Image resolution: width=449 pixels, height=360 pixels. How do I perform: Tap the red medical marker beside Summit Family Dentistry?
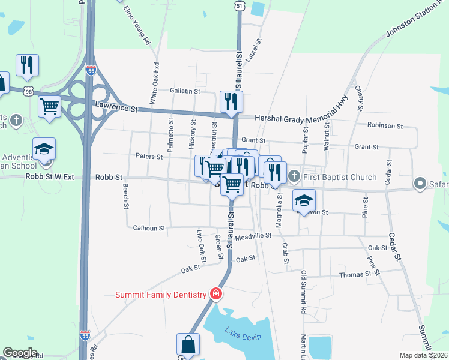[215, 294]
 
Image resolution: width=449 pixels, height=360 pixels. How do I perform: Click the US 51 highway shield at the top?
[240, 5]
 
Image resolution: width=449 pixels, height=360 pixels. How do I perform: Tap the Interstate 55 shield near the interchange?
[91, 70]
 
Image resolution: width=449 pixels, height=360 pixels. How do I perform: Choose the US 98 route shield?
[29, 91]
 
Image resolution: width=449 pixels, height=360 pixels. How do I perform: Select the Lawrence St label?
[116, 108]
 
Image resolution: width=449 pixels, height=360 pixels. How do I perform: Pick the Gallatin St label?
[184, 91]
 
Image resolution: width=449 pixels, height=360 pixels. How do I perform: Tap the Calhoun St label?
[149, 228]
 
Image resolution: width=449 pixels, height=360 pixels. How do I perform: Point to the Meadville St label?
[253, 236]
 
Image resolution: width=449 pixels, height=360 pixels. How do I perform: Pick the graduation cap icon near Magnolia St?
[304, 200]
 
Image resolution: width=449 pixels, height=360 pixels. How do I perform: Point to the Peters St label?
[150, 157]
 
